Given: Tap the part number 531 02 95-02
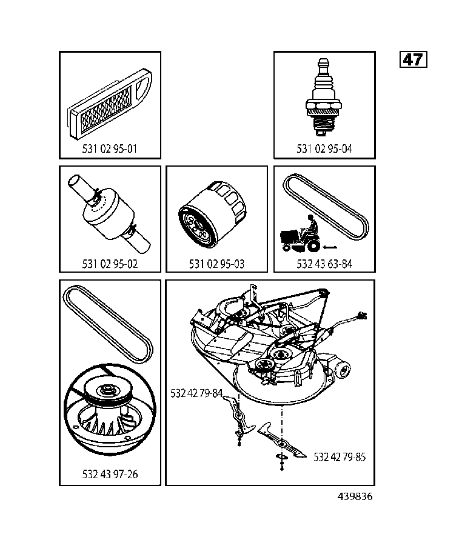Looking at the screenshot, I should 110,264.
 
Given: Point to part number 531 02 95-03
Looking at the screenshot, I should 217,264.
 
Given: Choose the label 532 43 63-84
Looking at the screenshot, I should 324,264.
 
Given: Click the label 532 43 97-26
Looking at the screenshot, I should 110,474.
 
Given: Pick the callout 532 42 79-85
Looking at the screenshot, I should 340,457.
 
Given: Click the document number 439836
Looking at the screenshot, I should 355,496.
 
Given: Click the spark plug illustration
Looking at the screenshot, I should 324,100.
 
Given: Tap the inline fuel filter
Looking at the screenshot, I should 109,215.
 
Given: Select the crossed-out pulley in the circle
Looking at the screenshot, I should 109,412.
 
